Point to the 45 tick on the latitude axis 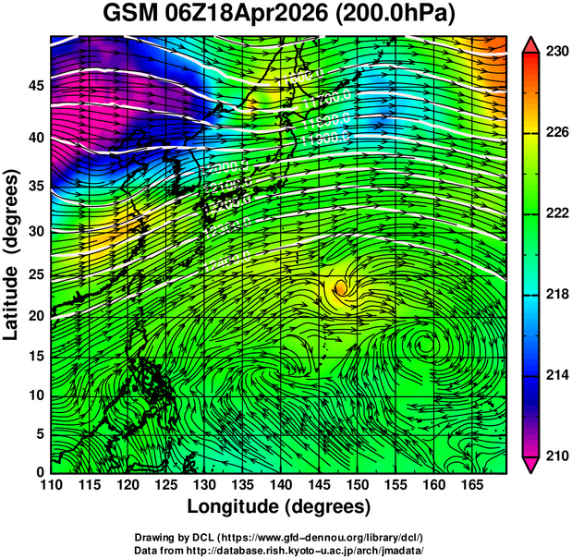[x=36, y=86]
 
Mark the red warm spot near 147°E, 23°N [x=341, y=287]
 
